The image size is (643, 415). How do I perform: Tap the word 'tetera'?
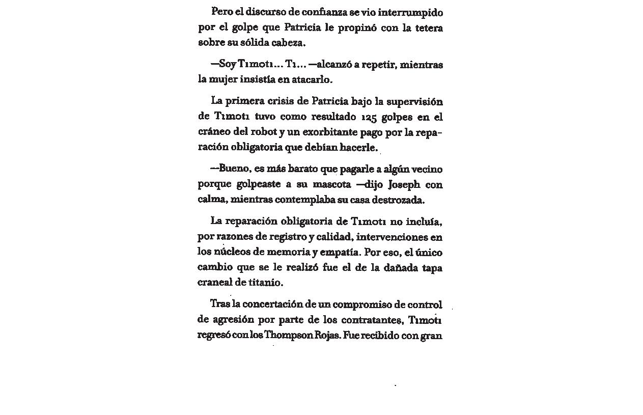pyautogui.click(x=429, y=27)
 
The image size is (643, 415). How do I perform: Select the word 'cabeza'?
pyautogui.click(x=287, y=43)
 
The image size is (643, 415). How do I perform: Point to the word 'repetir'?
pyautogui.click(x=379, y=65)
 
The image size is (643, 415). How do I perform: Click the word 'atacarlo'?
pyautogui.click(x=311, y=80)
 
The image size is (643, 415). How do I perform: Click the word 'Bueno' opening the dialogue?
pyautogui.click(x=233, y=169)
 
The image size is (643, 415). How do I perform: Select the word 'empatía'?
pyautogui.click(x=342, y=252)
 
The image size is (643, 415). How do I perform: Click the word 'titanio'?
pyautogui.click(x=265, y=282)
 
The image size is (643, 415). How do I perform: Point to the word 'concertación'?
pyautogui.click(x=272, y=305)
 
